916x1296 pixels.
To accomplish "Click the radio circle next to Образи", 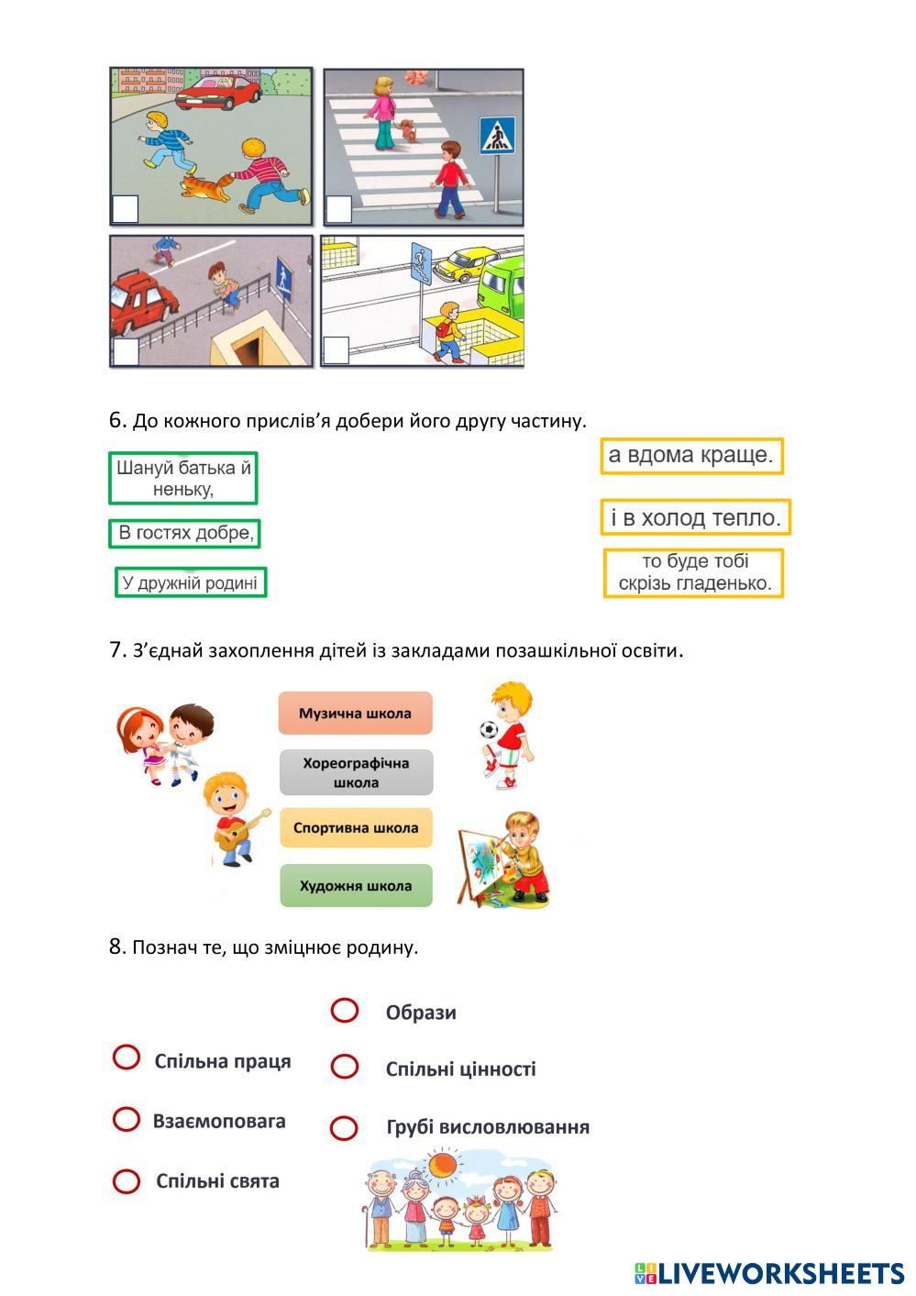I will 345,1010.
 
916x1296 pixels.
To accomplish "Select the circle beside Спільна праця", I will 127,1058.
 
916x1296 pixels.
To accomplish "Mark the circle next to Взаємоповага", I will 127,1119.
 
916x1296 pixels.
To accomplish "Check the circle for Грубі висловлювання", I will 344,1127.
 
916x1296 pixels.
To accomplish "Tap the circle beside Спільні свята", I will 127,1180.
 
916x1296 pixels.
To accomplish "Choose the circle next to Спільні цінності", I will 345,1067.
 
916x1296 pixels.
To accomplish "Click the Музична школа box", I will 355,714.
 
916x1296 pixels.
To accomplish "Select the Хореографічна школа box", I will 356,772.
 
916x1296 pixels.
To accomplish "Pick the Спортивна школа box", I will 356,827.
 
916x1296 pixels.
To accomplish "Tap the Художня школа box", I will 356,886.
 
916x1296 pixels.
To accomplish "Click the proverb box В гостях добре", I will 184,533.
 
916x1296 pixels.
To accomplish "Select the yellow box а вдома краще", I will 691,455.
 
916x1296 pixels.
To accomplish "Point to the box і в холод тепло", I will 695,517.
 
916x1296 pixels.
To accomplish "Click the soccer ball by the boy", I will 489,731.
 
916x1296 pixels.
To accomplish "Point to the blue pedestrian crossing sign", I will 497,136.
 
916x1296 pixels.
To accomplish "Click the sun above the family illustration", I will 444,1165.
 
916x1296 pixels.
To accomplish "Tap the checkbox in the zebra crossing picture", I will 338,209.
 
